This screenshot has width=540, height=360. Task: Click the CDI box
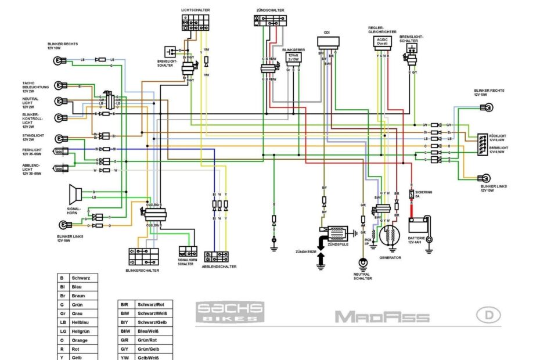tap(328, 42)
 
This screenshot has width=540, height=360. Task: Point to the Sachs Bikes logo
tap(229, 312)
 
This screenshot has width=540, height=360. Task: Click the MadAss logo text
tap(381, 317)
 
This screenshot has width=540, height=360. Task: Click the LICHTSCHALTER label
tap(196, 10)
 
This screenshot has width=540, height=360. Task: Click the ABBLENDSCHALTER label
tap(219, 267)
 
